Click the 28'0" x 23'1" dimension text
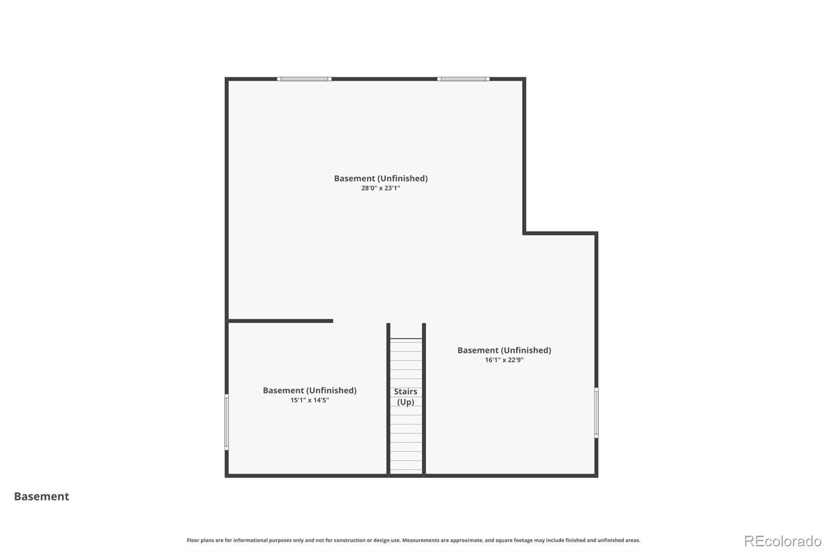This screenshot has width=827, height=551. pos(380,188)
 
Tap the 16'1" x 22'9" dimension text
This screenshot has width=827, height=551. pos(504,360)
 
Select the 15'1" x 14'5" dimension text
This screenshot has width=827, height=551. pos(310,400)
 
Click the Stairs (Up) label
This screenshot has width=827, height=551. pos(405,396)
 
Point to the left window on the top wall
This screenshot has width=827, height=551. pos(304,79)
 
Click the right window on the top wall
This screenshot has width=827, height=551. pos(463,79)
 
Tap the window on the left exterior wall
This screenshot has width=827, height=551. pos(227,422)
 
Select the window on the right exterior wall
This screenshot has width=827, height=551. pos(596,412)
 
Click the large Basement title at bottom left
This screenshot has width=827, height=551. pos(41,496)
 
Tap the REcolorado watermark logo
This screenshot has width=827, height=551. pos(783,541)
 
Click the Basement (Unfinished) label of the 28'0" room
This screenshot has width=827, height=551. pos(380,178)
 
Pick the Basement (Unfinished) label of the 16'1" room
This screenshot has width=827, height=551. pos(504,350)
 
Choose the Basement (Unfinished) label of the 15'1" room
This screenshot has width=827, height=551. pos(310,390)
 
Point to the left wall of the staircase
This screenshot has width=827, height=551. pos(388,399)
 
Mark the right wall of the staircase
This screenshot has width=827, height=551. pos(424,399)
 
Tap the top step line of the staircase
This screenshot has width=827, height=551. pos(406,339)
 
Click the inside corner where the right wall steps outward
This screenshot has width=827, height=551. pos(524,233)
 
